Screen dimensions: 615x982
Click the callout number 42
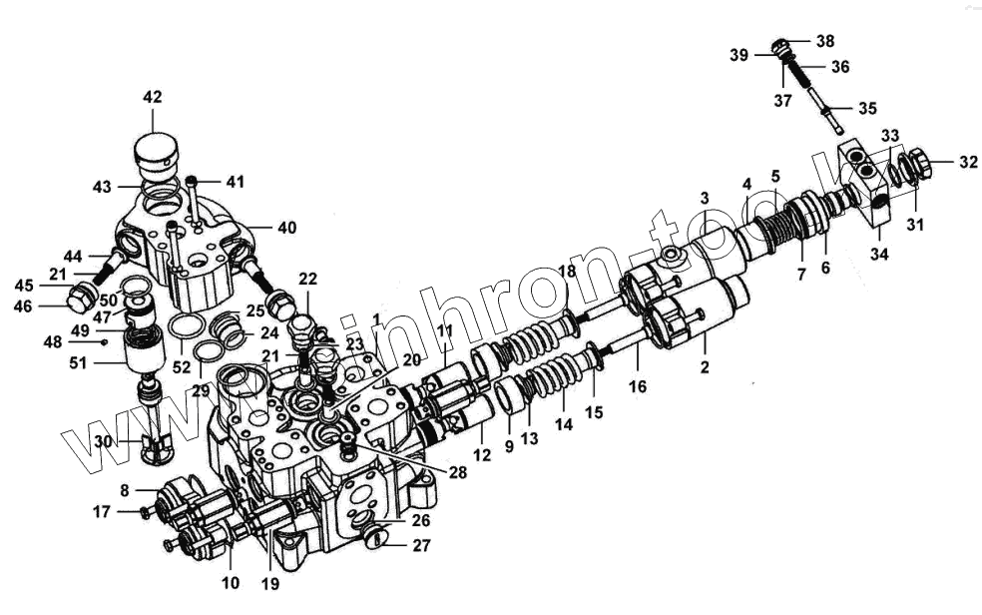click(x=152, y=98)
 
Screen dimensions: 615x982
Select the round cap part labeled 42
click(x=156, y=156)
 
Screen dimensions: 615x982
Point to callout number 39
click(x=738, y=55)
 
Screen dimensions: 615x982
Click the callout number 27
click(x=419, y=545)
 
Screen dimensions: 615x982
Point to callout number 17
click(x=103, y=512)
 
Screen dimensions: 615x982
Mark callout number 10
click(x=231, y=582)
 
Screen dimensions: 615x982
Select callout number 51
click(x=105, y=364)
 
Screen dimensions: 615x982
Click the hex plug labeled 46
click(x=82, y=299)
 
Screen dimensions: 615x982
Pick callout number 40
click(x=286, y=228)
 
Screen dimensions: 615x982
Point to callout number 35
click(x=868, y=108)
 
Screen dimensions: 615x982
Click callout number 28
click(x=458, y=472)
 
